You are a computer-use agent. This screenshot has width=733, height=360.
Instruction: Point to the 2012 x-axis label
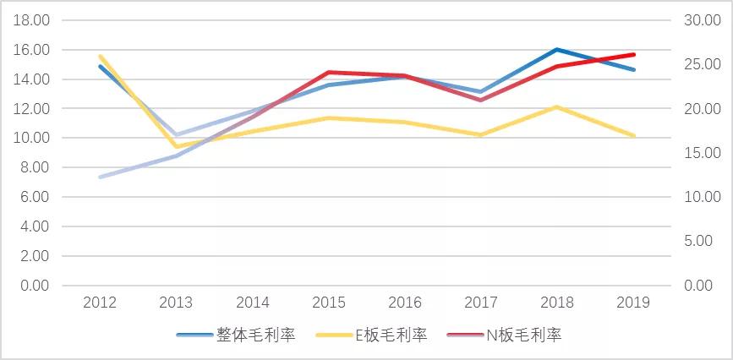point(100,303)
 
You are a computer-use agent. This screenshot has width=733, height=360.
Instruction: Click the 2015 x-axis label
point(328,303)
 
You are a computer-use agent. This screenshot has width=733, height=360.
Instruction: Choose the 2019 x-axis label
point(633,303)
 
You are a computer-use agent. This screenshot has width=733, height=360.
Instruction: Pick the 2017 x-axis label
point(480,303)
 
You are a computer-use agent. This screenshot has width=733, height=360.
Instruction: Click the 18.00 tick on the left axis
point(31,20)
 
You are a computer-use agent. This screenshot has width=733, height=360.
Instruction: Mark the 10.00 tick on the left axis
point(31,138)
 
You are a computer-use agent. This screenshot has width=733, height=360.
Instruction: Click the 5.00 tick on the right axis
point(702,242)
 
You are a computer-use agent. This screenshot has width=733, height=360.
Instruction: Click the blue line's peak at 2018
point(557,49)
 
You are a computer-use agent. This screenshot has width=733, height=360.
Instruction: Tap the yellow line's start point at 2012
point(100,56)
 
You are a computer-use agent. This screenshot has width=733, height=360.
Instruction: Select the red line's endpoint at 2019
point(633,54)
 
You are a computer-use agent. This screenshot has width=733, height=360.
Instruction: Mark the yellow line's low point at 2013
point(176,147)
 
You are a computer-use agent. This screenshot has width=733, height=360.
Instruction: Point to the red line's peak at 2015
point(328,72)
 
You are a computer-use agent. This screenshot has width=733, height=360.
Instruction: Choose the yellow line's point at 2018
point(557,106)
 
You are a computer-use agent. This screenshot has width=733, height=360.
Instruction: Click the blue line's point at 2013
point(176,134)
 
